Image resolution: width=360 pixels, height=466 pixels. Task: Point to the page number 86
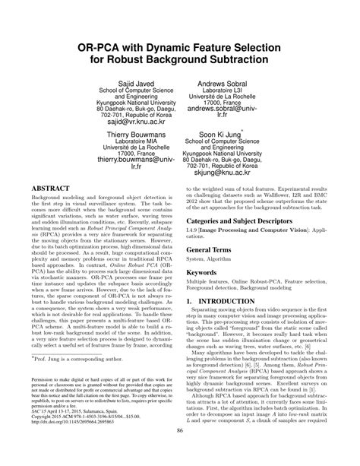click(x=180, y=454)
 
